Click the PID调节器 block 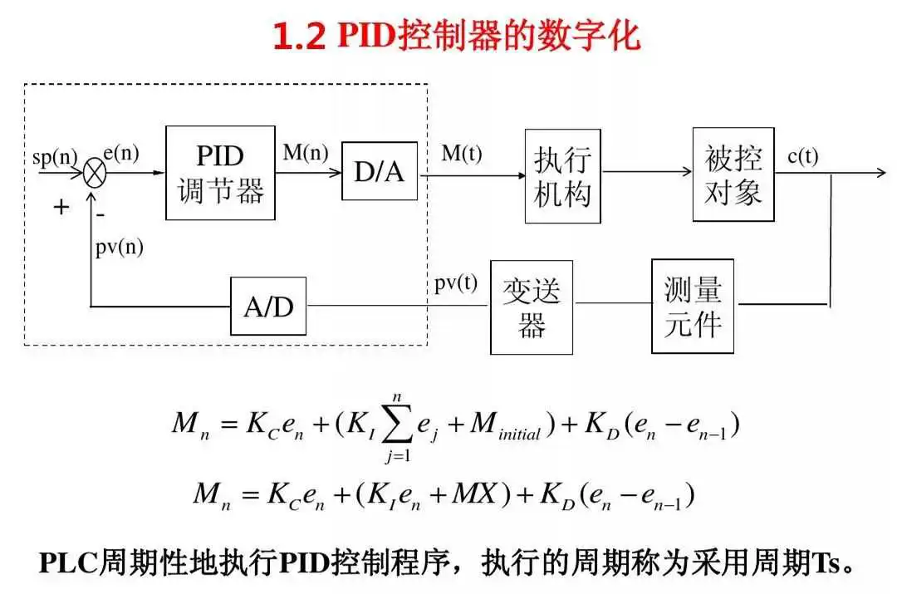click(220, 173)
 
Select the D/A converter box click(379, 170)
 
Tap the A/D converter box click(268, 307)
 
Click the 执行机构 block click(562, 175)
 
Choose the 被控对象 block click(733, 174)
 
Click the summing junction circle click(94, 174)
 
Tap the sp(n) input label click(54, 157)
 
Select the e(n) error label click(120, 153)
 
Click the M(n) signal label click(306, 153)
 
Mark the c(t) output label click(803, 156)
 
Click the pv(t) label click(456, 282)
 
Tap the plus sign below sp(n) click(61, 207)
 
